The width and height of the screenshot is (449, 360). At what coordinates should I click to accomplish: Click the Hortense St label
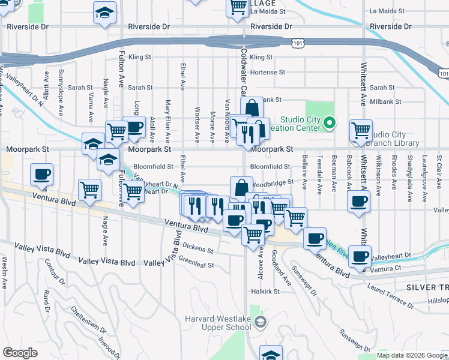point(268,72)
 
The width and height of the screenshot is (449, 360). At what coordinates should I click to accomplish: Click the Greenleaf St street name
point(196,263)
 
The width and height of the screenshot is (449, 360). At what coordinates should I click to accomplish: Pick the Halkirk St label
point(266,291)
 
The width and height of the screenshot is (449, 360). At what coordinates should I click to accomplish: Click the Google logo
point(20,353)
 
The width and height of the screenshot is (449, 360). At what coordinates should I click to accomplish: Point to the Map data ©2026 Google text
point(412,355)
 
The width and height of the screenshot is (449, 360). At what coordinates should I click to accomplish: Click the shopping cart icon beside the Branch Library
point(361,130)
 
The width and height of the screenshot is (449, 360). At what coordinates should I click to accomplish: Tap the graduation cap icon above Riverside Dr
point(105,13)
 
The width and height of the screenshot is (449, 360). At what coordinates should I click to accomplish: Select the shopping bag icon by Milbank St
point(253,109)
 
